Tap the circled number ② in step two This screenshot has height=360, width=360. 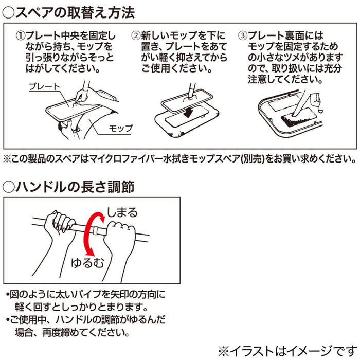136,36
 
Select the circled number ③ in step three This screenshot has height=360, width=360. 242,36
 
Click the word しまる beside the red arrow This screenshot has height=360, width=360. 122,212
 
